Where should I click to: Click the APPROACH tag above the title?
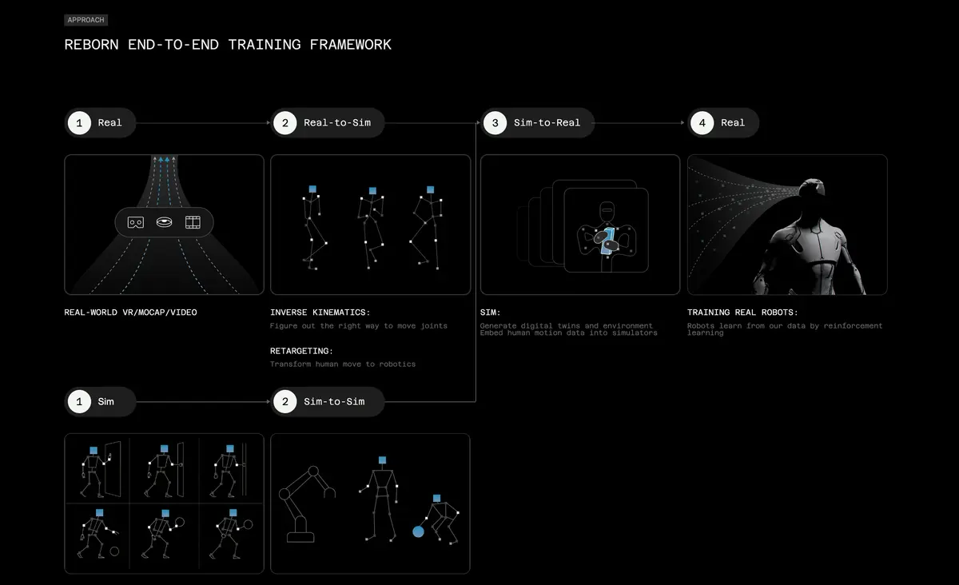(86, 20)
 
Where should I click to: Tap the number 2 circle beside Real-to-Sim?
(285, 123)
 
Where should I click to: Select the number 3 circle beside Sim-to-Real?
(495, 123)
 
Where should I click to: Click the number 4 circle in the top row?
(702, 123)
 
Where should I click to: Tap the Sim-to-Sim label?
(334, 401)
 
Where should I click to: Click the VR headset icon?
(136, 222)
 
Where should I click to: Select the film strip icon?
(193, 222)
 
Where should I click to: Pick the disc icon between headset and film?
(165, 222)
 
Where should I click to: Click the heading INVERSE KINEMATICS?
(320, 312)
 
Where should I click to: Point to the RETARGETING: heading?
(302, 351)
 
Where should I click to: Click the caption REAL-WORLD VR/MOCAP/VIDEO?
(130, 312)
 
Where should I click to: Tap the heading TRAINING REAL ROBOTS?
(742, 312)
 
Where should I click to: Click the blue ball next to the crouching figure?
(418, 531)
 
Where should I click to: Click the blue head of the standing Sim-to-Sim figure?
(383, 460)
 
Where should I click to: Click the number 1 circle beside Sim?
(79, 401)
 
